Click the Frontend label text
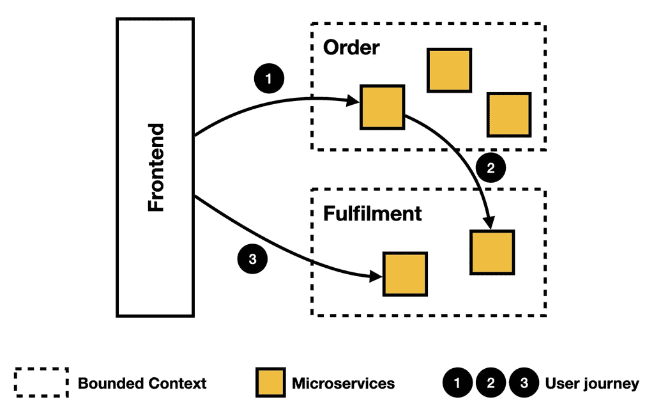(x=155, y=167)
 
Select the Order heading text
(x=351, y=47)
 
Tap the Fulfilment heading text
(x=372, y=213)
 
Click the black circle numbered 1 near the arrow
(x=269, y=79)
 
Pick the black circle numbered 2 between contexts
(x=490, y=169)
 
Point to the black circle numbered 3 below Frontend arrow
(x=252, y=259)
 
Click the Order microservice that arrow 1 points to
(x=382, y=106)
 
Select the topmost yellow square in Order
(x=449, y=70)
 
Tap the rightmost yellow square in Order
(x=509, y=114)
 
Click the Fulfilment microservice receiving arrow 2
(x=492, y=252)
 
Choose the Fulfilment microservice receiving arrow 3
(x=405, y=274)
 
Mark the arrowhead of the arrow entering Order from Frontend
(x=354, y=101)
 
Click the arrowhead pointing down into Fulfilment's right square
(x=490, y=224)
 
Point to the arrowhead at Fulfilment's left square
(x=377, y=276)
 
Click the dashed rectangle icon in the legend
(x=41, y=384)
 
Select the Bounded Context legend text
(x=142, y=384)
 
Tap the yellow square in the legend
(x=270, y=384)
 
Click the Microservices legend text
(x=343, y=384)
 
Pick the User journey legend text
(x=591, y=384)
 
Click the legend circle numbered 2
(x=490, y=384)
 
